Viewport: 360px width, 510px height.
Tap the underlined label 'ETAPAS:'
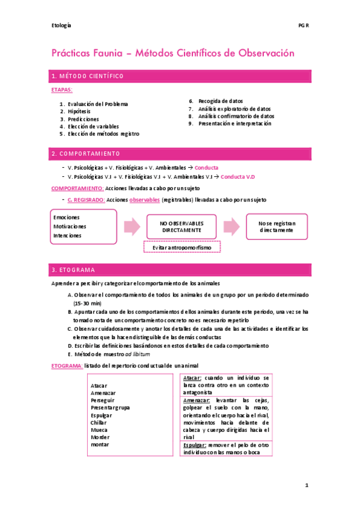point(62,90)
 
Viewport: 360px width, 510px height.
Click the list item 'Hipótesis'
point(79,111)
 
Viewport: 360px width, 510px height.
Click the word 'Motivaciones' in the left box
point(70,226)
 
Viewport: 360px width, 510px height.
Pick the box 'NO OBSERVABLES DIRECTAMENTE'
point(181,226)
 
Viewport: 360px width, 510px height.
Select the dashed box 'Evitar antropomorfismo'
point(182,247)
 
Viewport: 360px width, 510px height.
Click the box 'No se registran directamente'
point(277,226)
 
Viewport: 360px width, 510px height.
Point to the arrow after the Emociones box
point(132,226)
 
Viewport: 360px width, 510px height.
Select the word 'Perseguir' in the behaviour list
point(103,399)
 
